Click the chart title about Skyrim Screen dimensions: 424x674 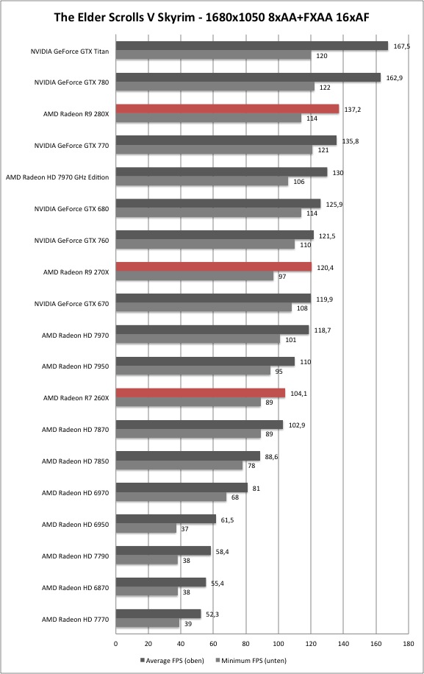212,17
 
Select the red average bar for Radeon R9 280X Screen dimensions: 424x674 228,109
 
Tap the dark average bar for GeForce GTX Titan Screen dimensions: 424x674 252,46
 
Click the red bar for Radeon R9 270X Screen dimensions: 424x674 214,267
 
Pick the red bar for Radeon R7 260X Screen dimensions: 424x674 201,393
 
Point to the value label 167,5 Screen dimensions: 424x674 402,46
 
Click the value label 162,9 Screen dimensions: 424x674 395,78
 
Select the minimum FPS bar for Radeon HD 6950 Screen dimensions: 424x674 146,529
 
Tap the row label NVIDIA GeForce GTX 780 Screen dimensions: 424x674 72,82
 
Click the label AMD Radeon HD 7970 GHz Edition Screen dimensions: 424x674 57,177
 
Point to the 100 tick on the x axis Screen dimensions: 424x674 278,644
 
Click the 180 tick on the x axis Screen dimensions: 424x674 409,644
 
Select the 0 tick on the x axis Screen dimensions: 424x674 116,644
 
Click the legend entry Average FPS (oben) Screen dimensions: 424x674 172,661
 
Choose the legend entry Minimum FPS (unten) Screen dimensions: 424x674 251,661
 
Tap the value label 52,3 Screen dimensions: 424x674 212,614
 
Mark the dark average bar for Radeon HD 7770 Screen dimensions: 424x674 158,614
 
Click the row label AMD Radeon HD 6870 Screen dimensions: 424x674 75,588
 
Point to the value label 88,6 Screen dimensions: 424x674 271,457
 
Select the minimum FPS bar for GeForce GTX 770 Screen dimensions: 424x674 214,149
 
